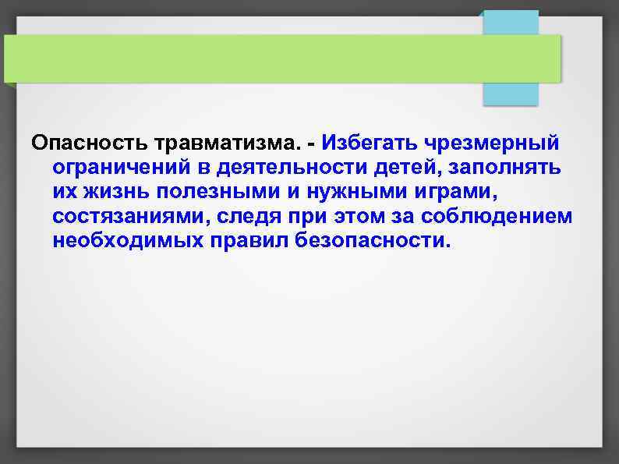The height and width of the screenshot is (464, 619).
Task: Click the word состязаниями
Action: [129, 216]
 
